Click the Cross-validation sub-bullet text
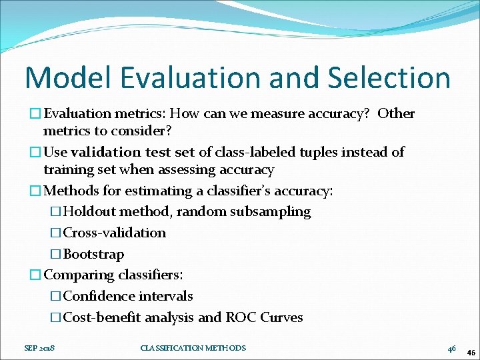(x=115, y=233)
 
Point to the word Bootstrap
(x=93, y=254)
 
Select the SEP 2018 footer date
(x=39, y=348)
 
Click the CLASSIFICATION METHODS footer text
(x=193, y=348)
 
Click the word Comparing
(x=79, y=275)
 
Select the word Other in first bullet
(x=396, y=114)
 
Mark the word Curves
(x=282, y=317)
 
